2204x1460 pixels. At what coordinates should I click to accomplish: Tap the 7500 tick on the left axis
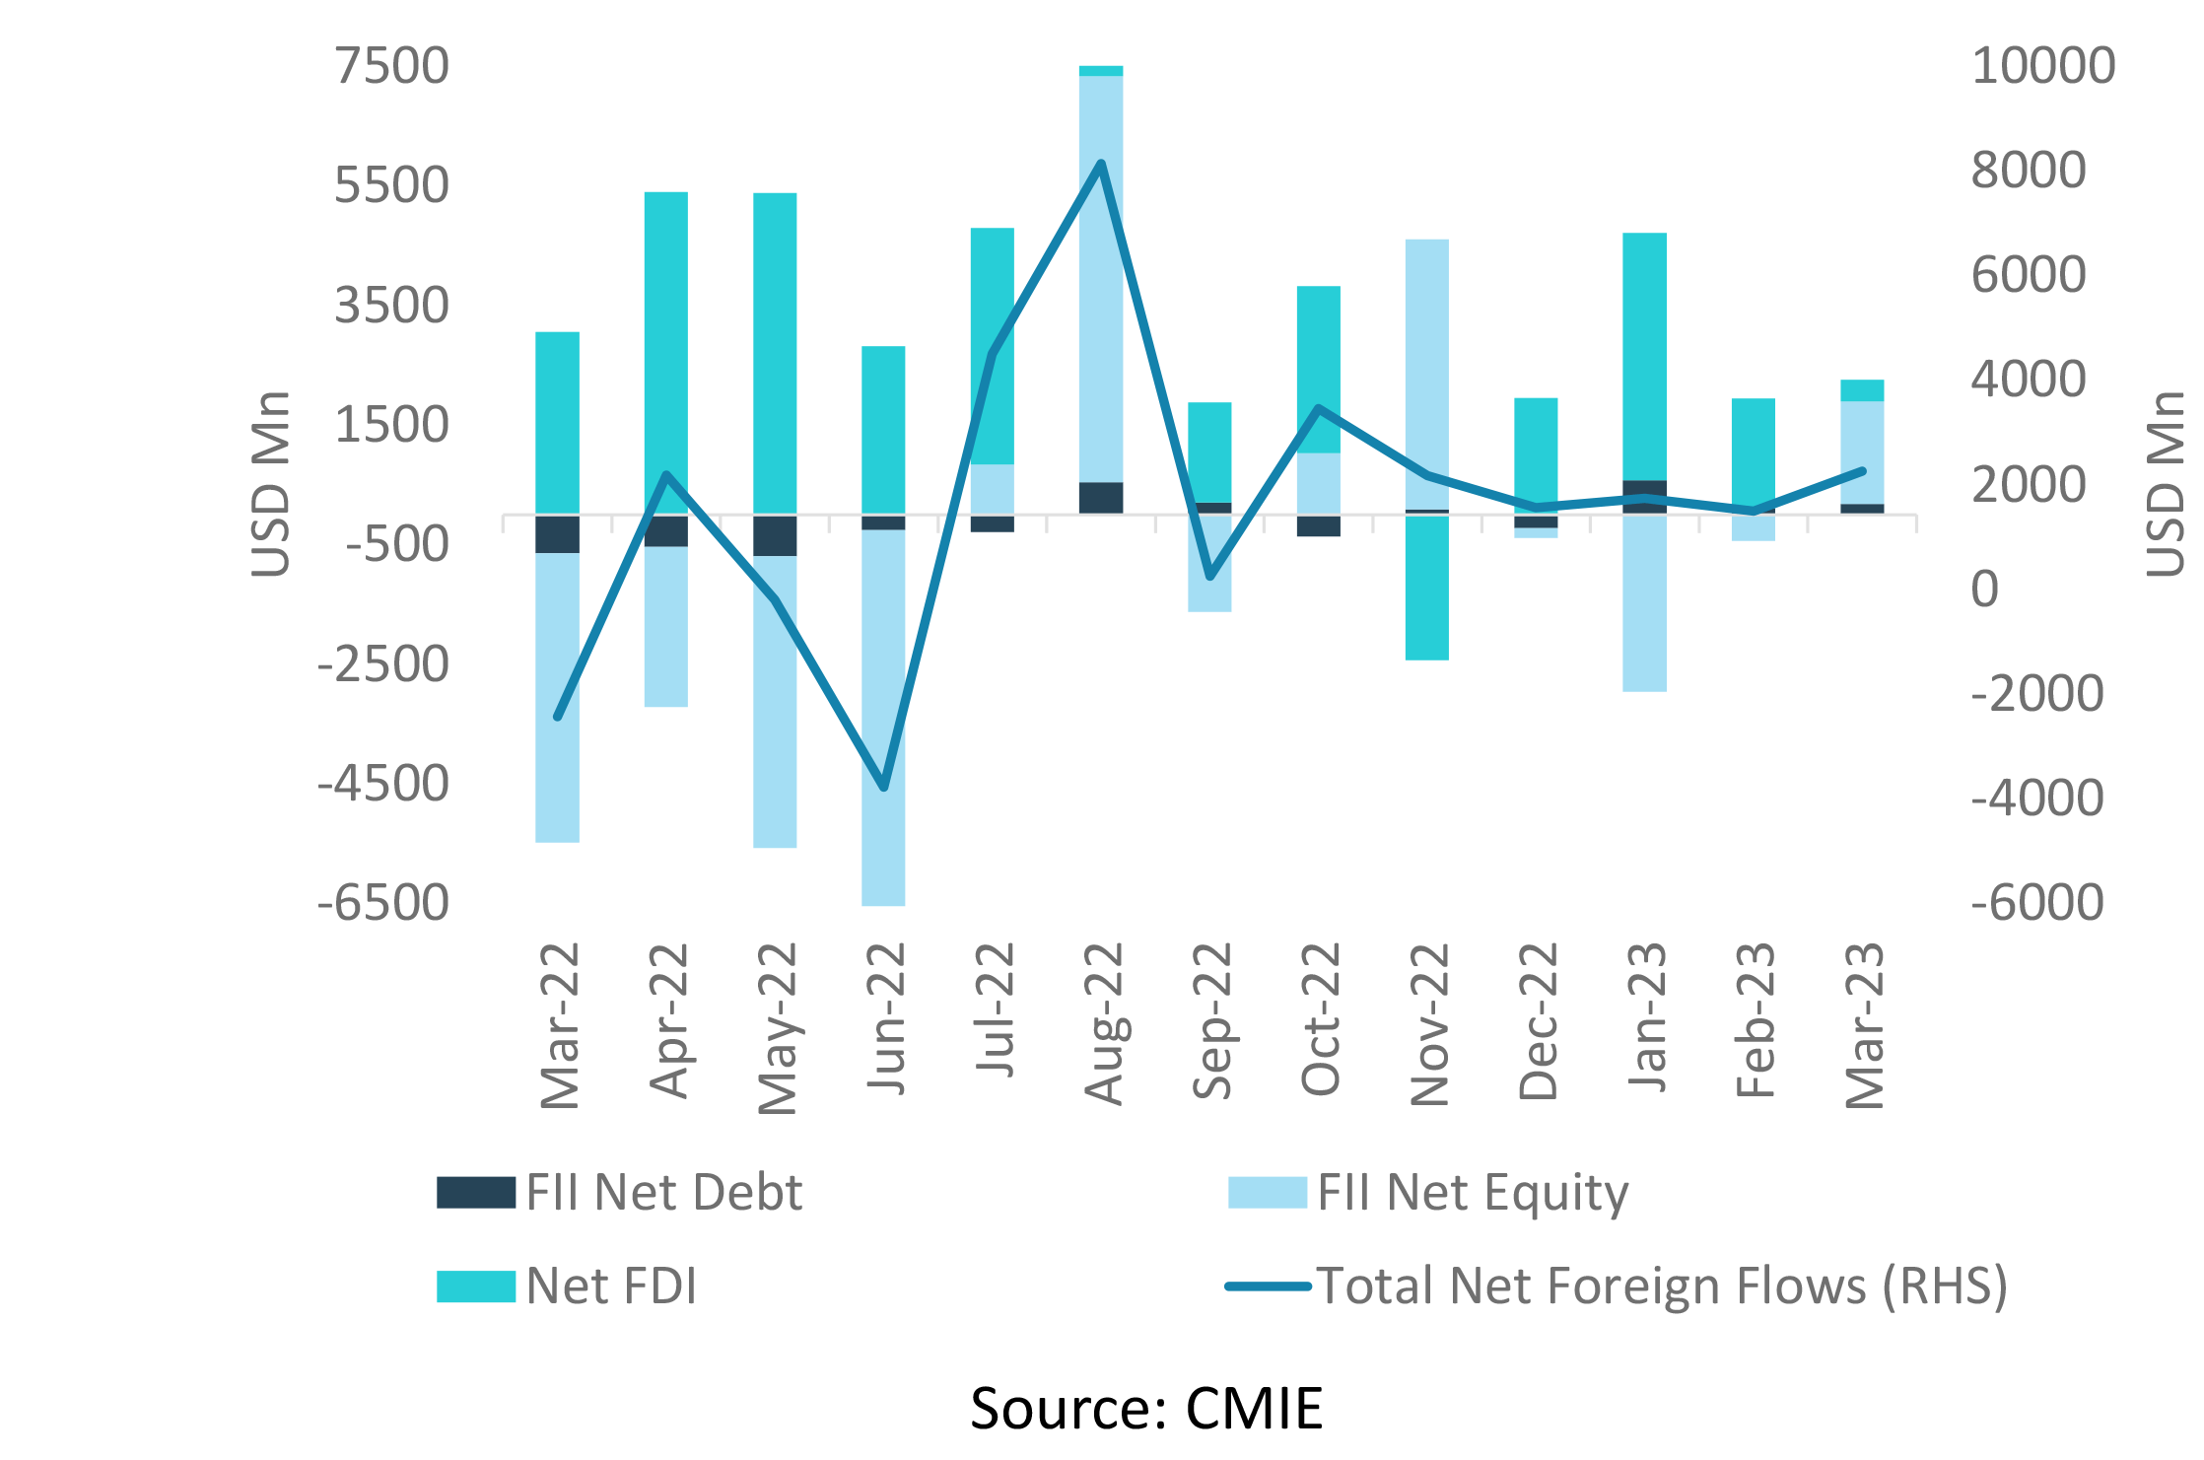pyautogui.click(x=391, y=66)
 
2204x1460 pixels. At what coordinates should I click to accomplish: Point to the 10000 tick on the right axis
pyautogui.click(x=2042, y=66)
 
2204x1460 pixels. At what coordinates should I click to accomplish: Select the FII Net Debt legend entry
pyautogui.click(x=620, y=1192)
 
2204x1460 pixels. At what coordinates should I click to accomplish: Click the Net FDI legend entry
pyautogui.click(x=567, y=1286)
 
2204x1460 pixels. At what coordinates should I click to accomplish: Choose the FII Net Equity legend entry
pyautogui.click(x=1428, y=1192)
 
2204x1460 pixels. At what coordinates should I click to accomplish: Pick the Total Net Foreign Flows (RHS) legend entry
pyautogui.click(x=1617, y=1286)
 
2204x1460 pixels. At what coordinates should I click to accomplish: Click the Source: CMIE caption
pyautogui.click(x=1145, y=1408)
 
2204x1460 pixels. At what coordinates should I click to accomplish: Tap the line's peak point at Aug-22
pyautogui.click(x=1101, y=163)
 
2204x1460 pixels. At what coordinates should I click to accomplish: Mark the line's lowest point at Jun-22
pyautogui.click(x=884, y=788)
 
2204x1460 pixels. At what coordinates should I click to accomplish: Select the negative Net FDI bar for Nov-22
pyautogui.click(x=1427, y=588)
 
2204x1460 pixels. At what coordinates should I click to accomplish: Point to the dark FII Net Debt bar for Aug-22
pyautogui.click(x=1101, y=498)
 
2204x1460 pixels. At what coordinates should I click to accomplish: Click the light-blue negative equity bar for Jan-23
pyautogui.click(x=1645, y=602)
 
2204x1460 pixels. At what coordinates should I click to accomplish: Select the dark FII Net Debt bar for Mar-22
pyautogui.click(x=558, y=534)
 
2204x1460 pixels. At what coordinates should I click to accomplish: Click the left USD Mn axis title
pyautogui.click(x=271, y=483)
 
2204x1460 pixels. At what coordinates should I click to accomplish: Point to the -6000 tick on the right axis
pyautogui.click(x=2036, y=903)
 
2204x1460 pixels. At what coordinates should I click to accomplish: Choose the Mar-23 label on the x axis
pyautogui.click(x=1864, y=1025)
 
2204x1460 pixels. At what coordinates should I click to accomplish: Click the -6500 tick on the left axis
pyautogui.click(x=382, y=903)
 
